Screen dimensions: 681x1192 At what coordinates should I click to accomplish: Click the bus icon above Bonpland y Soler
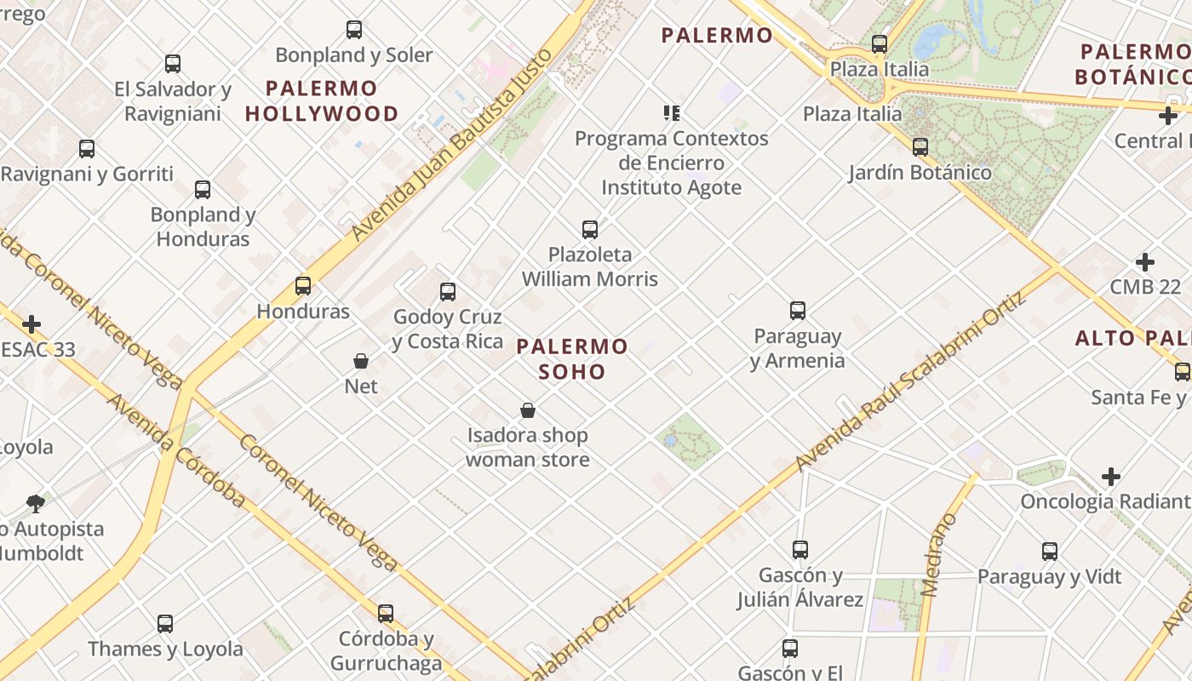tap(354, 30)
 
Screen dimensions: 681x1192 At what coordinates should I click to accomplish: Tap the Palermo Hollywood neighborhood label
tap(322, 100)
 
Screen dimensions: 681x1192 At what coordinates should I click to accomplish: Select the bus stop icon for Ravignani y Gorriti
tap(87, 149)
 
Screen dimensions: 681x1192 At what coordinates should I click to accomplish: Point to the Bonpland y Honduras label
tap(203, 226)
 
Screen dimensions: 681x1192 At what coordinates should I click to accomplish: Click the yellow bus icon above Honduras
tap(303, 286)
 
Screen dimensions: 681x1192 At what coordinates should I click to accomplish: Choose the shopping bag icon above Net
tap(361, 361)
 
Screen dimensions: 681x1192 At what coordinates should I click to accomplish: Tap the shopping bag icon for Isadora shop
tap(528, 410)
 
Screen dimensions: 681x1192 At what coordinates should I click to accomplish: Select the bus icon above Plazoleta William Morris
tap(589, 229)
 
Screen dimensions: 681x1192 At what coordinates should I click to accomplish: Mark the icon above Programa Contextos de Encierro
tap(672, 112)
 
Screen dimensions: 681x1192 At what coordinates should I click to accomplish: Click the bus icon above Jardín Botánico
tap(920, 147)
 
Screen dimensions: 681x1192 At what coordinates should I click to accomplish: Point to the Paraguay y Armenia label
tap(798, 348)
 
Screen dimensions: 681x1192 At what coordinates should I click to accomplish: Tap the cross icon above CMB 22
tap(1145, 262)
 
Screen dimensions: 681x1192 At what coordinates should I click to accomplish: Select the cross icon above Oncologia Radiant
tap(1111, 477)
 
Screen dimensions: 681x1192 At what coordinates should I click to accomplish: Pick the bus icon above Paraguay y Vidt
tap(1050, 552)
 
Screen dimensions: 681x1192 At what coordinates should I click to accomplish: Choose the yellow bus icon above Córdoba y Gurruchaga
tap(386, 614)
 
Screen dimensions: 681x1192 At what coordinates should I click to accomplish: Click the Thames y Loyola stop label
tap(165, 649)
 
